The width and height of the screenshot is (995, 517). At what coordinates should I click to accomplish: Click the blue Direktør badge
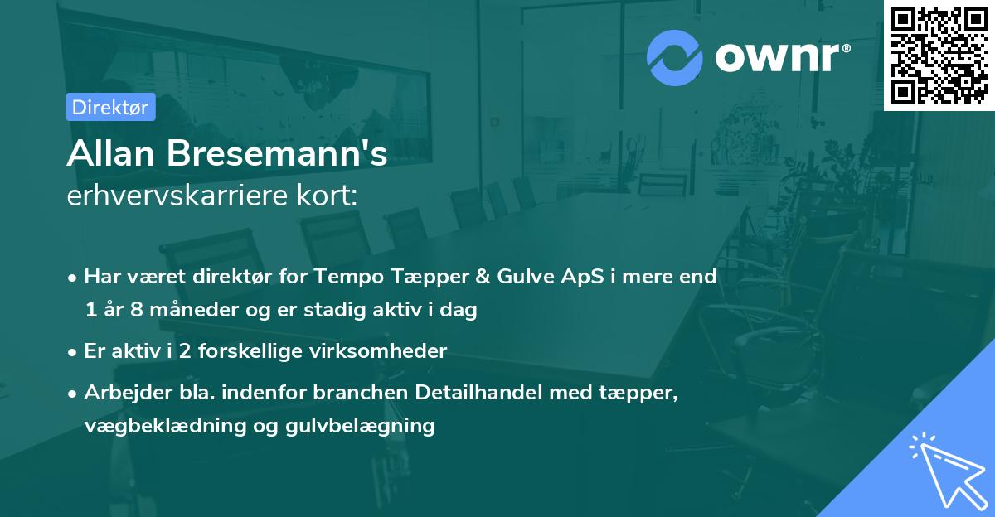111,107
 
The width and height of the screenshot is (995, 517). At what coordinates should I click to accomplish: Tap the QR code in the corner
939,56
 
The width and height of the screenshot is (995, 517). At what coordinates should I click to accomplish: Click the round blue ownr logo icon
674,58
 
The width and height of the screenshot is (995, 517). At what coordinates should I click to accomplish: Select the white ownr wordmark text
783,57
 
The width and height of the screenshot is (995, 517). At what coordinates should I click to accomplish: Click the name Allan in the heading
110,153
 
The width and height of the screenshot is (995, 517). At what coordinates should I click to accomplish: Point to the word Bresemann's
277,153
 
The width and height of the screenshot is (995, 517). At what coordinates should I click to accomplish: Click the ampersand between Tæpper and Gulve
483,277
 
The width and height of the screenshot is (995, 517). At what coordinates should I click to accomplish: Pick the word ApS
582,277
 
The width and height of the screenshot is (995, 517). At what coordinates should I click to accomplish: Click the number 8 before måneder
137,309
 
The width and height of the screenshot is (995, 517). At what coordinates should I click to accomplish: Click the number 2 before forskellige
185,351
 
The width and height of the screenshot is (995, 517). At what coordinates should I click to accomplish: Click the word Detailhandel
478,392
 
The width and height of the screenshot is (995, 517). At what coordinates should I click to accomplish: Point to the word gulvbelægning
360,426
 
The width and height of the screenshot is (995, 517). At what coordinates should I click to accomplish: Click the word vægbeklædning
165,426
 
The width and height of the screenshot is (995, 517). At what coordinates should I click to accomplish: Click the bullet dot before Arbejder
72,394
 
